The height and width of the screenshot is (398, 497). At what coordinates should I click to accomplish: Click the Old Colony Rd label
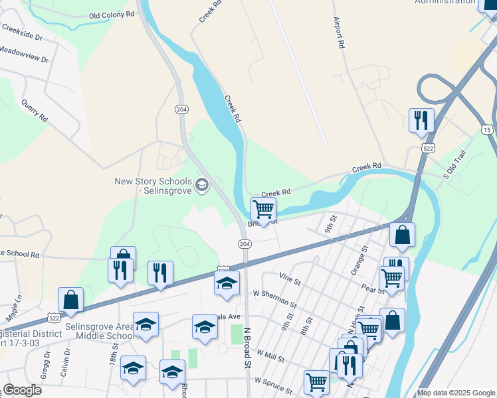click(111, 14)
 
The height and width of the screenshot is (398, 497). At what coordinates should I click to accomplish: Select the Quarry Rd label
click(35, 111)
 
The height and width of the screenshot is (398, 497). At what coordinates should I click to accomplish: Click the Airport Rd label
click(340, 33)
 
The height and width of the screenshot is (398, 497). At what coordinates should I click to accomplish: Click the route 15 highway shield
click(488, 128)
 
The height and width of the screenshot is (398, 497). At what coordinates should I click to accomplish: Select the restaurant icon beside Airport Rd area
click(421, 121)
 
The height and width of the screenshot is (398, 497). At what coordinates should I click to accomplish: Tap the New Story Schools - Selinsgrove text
click(153, 186)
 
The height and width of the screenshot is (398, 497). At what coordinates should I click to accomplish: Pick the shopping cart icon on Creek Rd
click(263, 210)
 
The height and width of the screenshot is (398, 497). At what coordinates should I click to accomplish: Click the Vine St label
click(290, 276)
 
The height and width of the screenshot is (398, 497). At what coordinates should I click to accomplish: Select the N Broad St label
click(246, 346)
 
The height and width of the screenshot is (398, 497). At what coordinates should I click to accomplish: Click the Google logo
click(22, 390)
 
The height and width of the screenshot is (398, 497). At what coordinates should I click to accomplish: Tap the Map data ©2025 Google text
click(455, 393)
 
